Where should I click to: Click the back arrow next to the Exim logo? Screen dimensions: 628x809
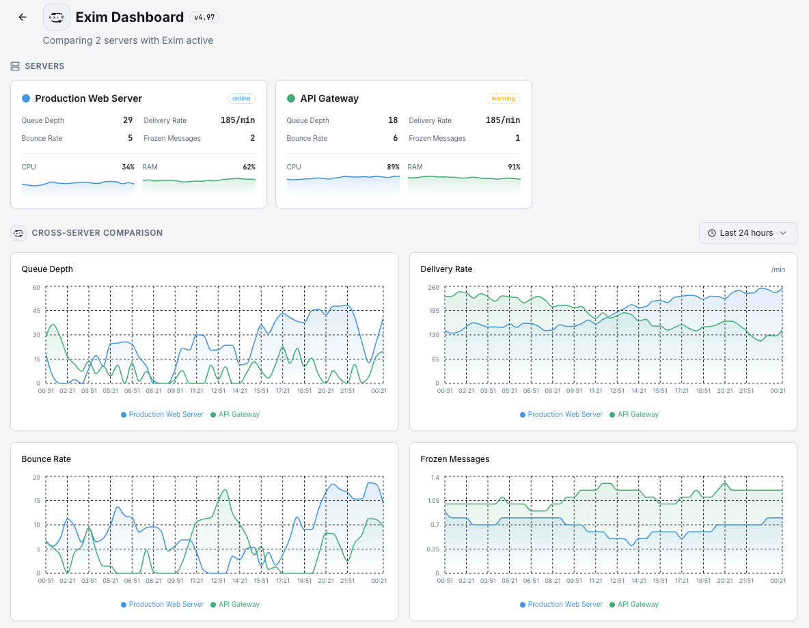[x=23, y=17]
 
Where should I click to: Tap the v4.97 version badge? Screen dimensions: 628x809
[x=204, y=17]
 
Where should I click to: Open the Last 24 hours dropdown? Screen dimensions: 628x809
[x=748, y=233]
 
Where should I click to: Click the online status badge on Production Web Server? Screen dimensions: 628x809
[x=241, y=98]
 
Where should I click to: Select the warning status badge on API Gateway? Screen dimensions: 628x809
[x=503, y=98]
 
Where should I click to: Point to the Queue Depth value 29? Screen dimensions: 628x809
[x=128, y=120]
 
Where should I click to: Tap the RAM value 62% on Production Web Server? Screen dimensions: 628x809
[x=249, y=167]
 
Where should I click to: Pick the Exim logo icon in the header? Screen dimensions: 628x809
[x=57, y=17]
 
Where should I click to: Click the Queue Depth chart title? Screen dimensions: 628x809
[x=47, y=269]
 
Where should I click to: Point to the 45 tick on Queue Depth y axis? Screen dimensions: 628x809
[x=36, y=311]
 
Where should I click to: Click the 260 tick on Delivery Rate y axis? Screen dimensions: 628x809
[x=433, y=287]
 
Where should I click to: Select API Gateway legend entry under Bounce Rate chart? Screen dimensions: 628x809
[x=234, y=604]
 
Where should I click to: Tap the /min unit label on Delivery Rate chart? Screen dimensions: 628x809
[x=778, y=269]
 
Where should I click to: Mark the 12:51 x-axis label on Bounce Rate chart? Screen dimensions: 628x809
[x=218, y=581]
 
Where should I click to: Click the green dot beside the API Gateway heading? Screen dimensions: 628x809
[x=291, y=98]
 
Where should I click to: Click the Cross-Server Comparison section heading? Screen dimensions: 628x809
[x=97, y=233]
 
